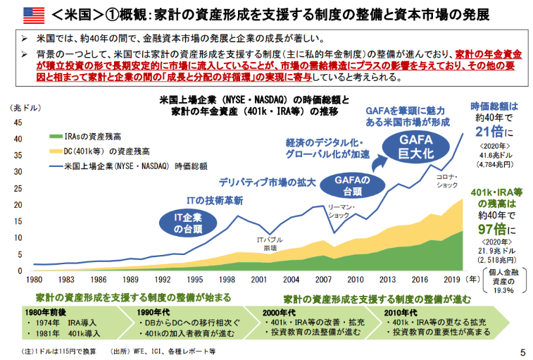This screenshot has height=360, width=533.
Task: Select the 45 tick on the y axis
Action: click(18, 122)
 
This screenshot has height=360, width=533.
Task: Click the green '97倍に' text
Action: click(496, 230)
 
